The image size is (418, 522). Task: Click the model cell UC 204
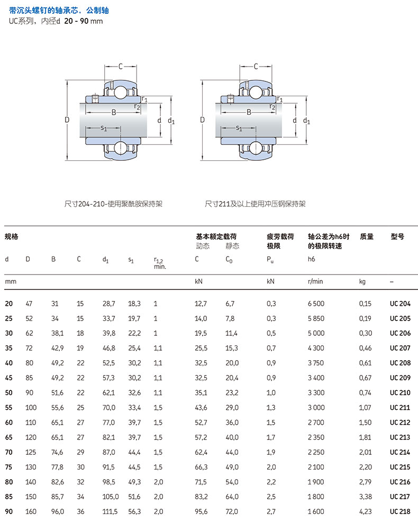tap(400, 304)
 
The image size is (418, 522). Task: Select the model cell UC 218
tap(400, 511)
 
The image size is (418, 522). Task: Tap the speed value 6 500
tap(316, 304)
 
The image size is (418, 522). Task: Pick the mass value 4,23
tap(366, 511)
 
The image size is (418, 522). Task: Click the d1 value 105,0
tap(111, 497)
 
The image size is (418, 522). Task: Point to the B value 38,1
tap(57, 333)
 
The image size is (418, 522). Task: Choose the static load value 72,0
tap(232, 511)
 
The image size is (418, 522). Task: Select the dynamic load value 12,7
tap(201, 304)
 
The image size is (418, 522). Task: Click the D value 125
tap(31, 452)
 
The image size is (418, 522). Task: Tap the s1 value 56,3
tap(134, 511)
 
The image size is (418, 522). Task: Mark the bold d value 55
tap(8, 407)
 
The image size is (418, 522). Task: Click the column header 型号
tap(397, 237)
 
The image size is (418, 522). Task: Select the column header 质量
tap(366, 237)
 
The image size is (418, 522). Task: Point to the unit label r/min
tap(315, 282)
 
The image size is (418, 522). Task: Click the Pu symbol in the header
tap(270, 260)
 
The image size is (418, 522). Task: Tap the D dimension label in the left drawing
tap(67, 120)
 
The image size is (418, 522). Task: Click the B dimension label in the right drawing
tap(249, 113)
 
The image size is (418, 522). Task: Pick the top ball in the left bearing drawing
tap(121, 92)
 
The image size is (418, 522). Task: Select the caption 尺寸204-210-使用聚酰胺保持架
tap(113, 204)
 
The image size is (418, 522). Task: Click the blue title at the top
tap(59, 11)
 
